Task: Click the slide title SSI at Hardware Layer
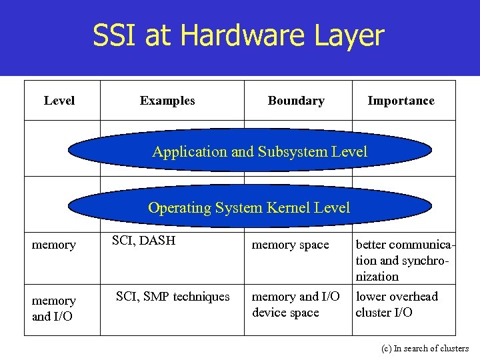click(x=239, y=35)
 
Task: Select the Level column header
click(x=59, y=101)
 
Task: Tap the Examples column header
click(x=167, y=101)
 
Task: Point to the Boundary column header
click(x=296, y=101)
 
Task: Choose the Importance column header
click(x=401, y=101)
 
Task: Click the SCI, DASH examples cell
click(x=143, y=241)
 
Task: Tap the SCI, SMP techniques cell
click(x=173, y=296)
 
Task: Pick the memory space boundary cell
click(x=290, y=245)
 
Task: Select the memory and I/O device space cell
click(x=295, y=304)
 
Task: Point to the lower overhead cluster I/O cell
click(x=397, y=304)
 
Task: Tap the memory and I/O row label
click(x=54, y=308)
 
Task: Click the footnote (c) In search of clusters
click(x=425, y=348)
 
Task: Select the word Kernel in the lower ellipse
click(x=287, y=207)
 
